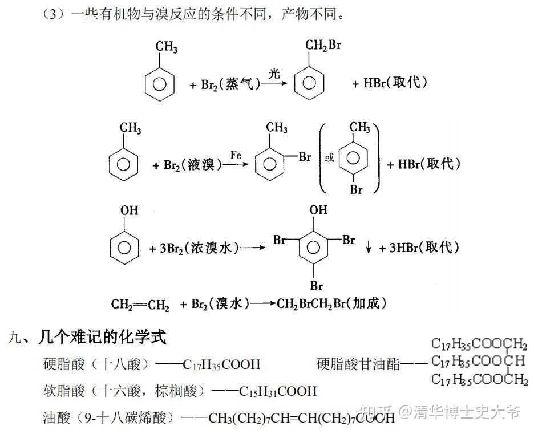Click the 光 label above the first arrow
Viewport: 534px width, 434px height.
[x=275, y=72]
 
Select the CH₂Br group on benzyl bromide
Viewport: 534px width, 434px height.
[x=323, y=45]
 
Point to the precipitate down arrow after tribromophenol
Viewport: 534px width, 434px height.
[x=369, y=248]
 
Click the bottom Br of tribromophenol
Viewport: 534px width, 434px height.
[x=317, y=285]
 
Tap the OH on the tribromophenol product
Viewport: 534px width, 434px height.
[x=318, y=210]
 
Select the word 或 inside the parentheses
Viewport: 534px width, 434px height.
[x=329, y=158]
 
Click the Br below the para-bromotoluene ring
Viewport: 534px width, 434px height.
[x=357, y=189]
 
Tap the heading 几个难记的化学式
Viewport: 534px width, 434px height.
[x=102, y=337]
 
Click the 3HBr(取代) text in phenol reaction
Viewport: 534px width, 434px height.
[x=424, y=248]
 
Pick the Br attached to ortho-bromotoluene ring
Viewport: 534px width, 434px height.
[x=305, y=157]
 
